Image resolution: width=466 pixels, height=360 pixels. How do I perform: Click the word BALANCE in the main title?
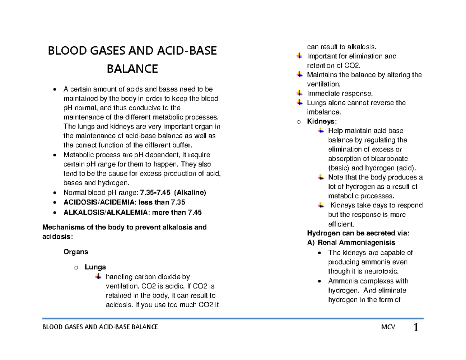pyautogui.click(x=132, y=69)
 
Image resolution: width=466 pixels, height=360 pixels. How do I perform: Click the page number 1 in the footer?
pyautogui.click(x=416, y=328)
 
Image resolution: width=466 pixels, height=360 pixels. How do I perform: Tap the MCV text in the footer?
pyautogui.click(x=388, y=327)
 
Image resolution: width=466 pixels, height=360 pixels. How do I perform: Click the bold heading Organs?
pyautogui.click(x=76, y=252)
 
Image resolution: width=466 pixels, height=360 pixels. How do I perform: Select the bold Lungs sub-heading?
pyautogui.click(x=95, y=267)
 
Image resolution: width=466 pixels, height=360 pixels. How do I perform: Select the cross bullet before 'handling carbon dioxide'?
pyautogui.click(x=98, y=277)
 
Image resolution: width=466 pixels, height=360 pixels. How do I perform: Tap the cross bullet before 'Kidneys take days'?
pyautogui.click(x=320, y=205)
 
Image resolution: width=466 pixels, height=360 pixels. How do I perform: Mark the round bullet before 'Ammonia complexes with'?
pyautogui.click(x=319, y=281)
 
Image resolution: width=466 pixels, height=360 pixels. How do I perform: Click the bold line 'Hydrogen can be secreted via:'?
pyautogui.click(x=358, y=233)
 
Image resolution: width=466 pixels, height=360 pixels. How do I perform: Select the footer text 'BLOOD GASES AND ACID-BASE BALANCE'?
pyautogui.click(x=100, y=327)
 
